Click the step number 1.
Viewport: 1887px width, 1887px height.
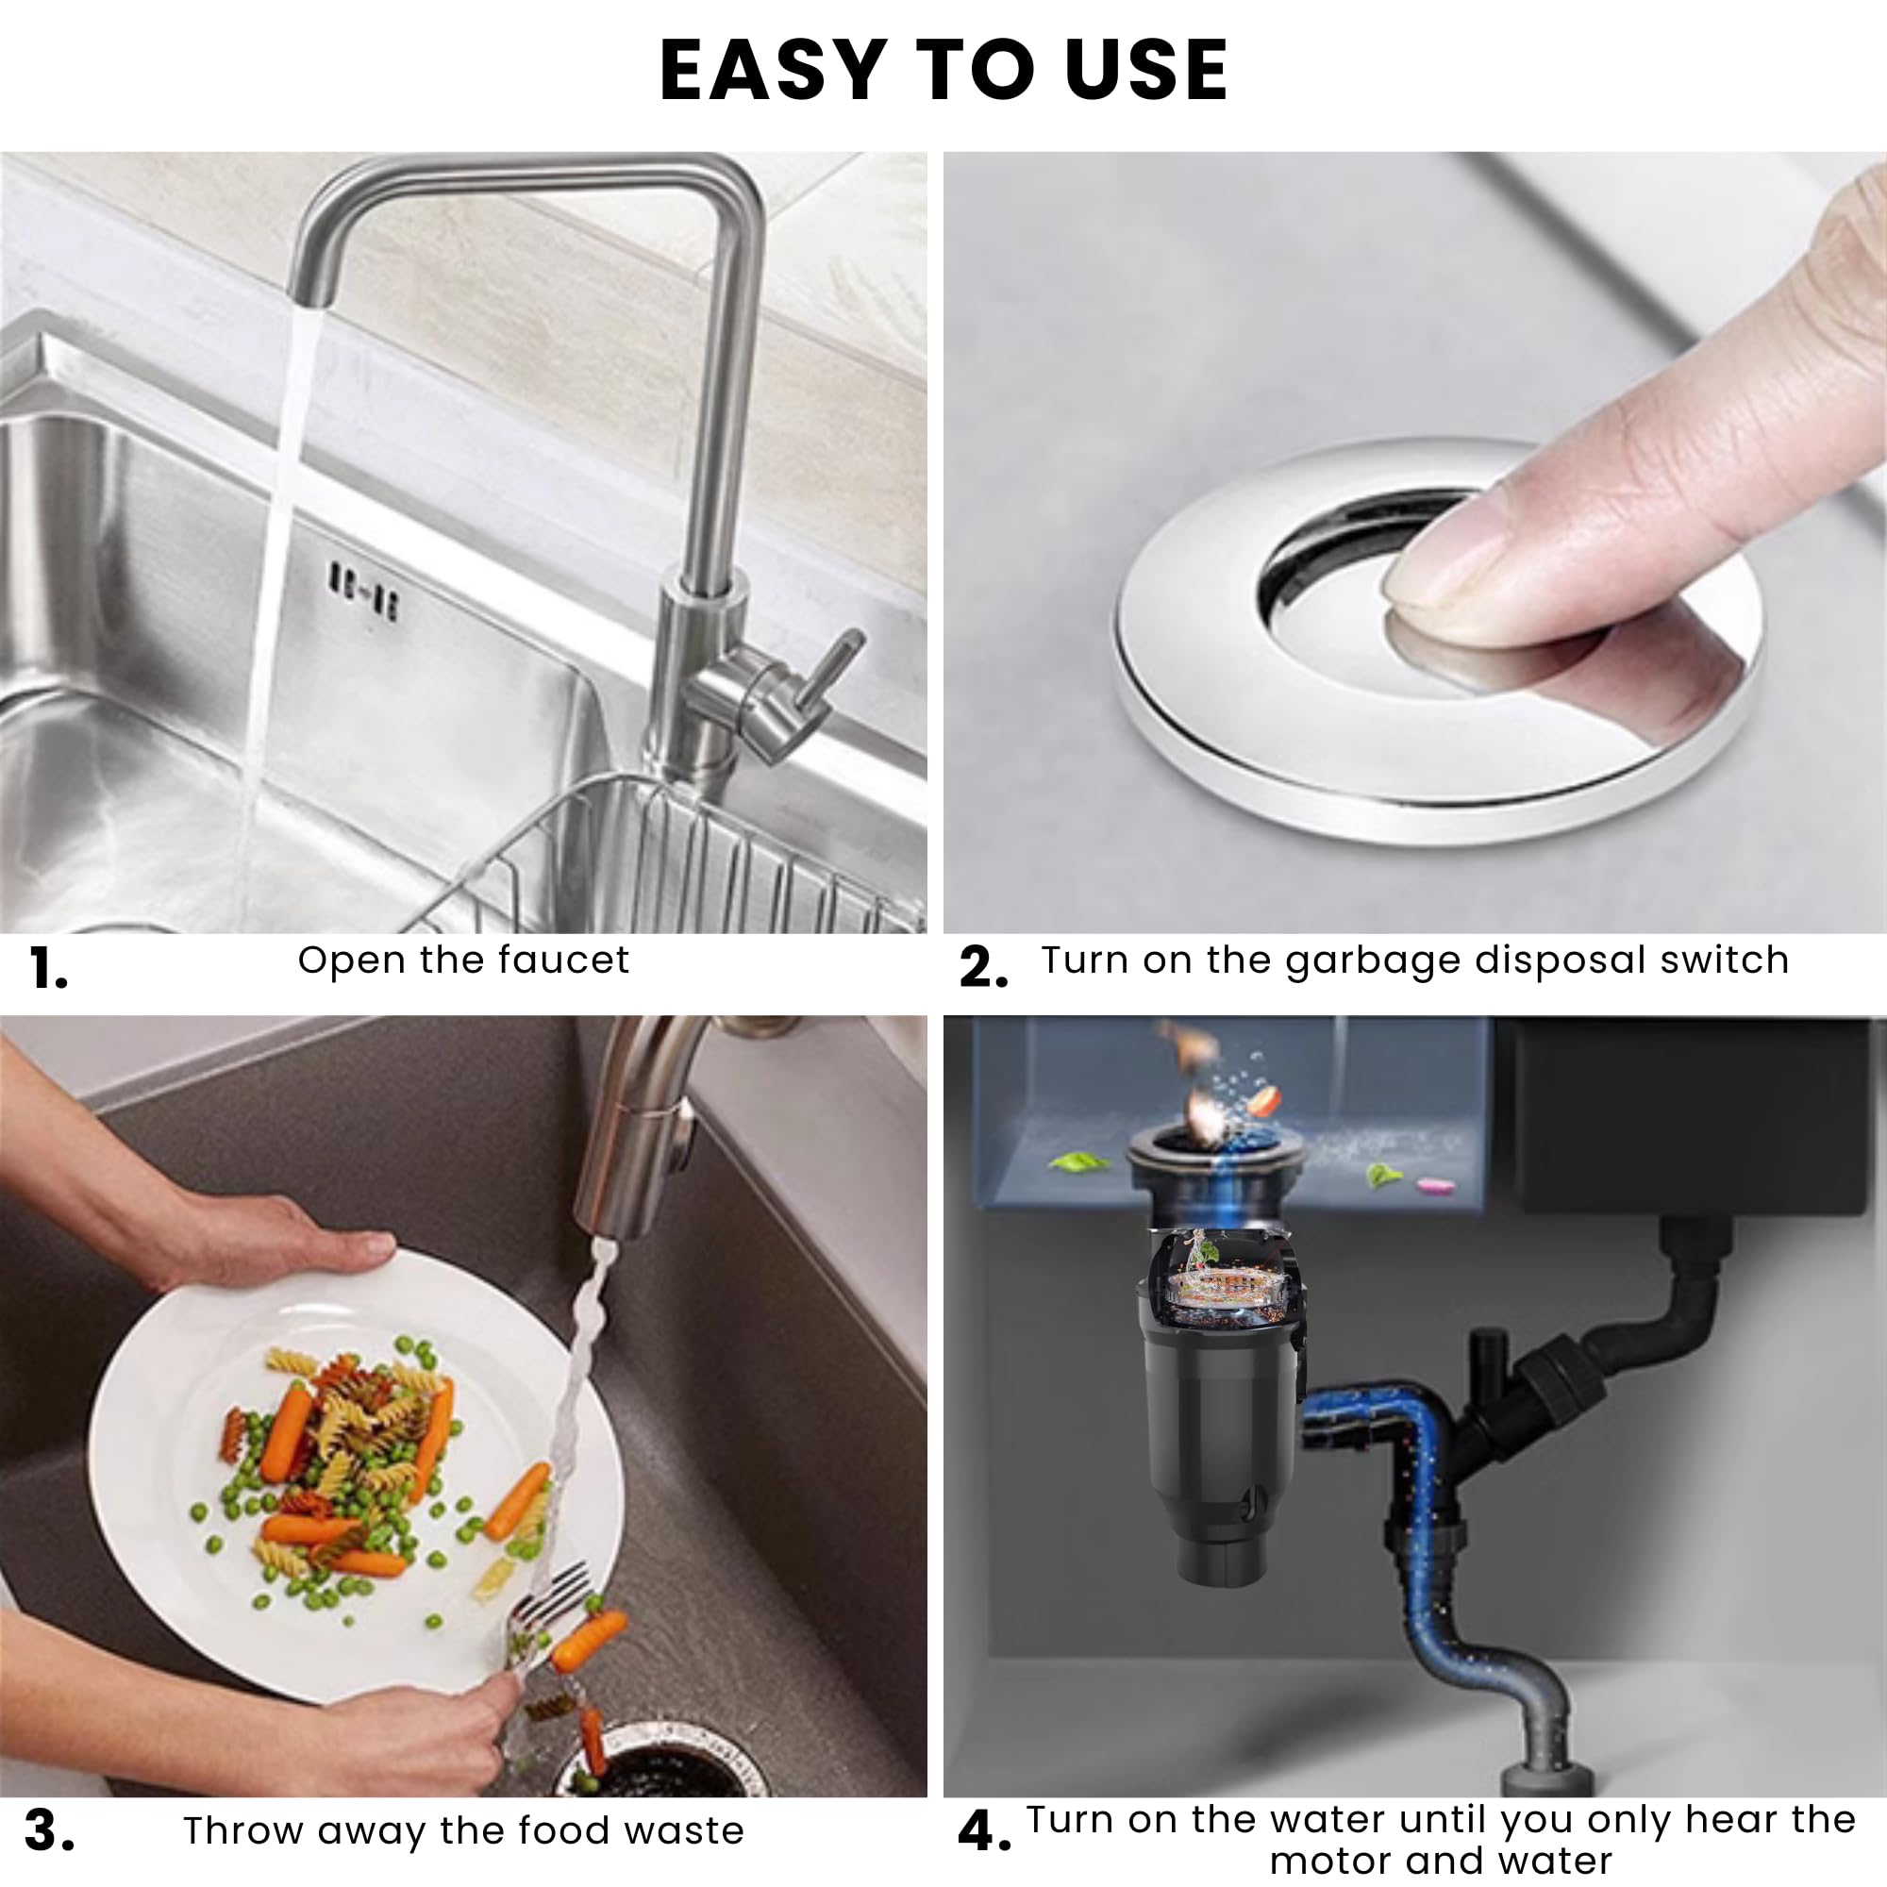pos(47,970)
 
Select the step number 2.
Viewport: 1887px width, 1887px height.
pos(981,969)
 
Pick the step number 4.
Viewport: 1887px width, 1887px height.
pos(983,1831)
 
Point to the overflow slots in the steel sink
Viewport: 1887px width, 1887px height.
pos(362,590)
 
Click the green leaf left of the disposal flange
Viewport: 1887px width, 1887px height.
pos(1077,1163)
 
